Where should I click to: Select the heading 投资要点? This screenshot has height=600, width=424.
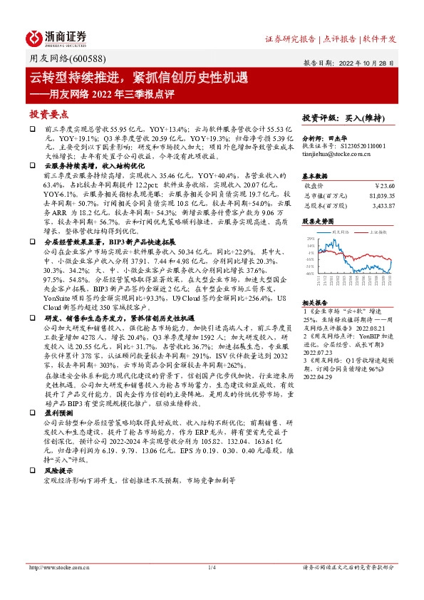tap(47, 114)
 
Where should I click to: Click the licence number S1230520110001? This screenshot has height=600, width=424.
tap(363, 145)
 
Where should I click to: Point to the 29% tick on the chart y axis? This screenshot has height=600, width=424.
tap(309, 239)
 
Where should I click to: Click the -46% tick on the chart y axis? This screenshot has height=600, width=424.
tap(309, 273)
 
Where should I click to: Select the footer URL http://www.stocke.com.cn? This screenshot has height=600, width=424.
tap(59, 568)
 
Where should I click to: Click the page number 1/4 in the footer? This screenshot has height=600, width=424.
tap(212, 568)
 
